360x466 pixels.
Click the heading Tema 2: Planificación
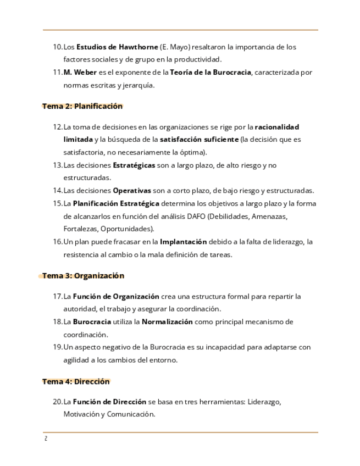click(x=82, y=106)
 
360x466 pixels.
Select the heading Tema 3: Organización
click(x=84, y=276)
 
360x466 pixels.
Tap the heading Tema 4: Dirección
click(x=76, y=381)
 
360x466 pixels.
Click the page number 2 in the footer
click(x=46, y=439)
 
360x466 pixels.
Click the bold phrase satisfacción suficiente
click(x=200, y=140)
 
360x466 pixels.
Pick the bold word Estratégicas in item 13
click(x=134, y=165)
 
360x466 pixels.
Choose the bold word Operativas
click(x=132, y=191)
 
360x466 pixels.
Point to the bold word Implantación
click(x=183, y=242)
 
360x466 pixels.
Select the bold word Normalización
click(x=167, y=322)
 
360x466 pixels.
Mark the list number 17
click(x=58, y=297)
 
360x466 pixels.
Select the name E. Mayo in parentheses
click(x=174, y=47)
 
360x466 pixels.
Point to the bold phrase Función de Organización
click(x=116, y=297)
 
